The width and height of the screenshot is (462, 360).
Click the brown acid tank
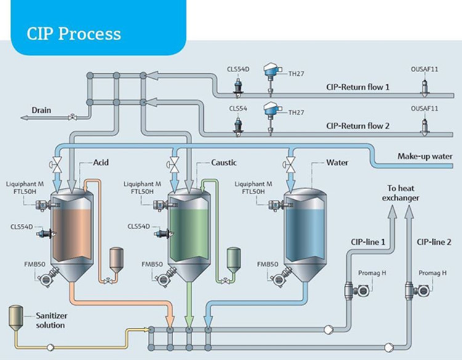71,231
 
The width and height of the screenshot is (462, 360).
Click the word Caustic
224,163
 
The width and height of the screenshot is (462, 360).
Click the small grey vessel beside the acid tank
115,260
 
